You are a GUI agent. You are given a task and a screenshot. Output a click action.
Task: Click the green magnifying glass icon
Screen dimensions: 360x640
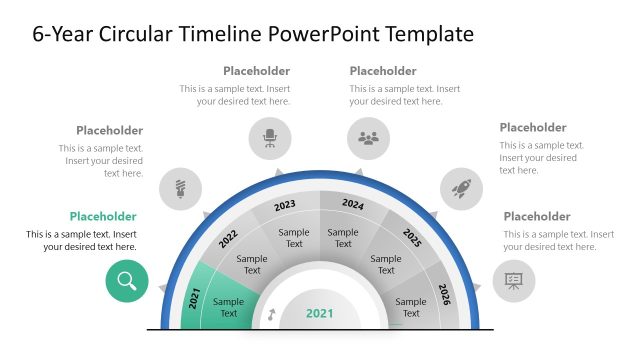(x=127, y=280)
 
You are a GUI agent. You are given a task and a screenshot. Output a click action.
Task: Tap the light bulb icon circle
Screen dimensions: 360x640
(x=181, y=187)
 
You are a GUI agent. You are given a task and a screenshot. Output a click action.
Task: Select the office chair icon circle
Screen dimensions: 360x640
(x=270, y=138)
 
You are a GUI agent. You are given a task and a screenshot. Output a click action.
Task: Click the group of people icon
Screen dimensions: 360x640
(x=368, y=138)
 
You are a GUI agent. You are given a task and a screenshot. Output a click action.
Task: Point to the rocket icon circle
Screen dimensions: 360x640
(x=462, y=187)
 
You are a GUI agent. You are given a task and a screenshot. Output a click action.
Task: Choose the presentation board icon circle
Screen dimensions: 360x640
(x=514, y=280)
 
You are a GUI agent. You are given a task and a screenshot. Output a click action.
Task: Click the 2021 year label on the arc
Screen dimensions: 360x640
(x=195, y=297)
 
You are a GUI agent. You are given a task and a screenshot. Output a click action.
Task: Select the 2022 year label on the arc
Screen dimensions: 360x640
(x=227, y=239)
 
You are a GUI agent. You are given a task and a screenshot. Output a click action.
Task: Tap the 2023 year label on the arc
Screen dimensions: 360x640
(x=285, y=205)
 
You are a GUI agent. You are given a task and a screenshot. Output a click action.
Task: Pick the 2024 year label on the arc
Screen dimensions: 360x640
(x=353, y=204)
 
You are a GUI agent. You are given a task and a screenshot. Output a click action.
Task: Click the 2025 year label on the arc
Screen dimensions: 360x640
(x=412, y=238)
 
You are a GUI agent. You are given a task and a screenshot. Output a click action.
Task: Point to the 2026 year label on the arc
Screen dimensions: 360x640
(x=445, y=295)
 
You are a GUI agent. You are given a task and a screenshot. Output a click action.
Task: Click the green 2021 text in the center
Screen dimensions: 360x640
(x=320, y=313)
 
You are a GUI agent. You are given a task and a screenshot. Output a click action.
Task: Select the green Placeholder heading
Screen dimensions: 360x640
(x=103, y=216)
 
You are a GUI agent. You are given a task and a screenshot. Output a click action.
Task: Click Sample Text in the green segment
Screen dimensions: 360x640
(x=229, y=308)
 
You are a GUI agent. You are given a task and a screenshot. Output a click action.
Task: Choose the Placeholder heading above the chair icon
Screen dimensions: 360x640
(x=257, y=71)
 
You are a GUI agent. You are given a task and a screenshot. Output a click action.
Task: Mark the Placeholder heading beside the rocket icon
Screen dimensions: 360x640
(x=533, y=127)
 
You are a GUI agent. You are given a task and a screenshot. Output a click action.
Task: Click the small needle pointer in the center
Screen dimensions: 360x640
(x=271, y=315)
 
